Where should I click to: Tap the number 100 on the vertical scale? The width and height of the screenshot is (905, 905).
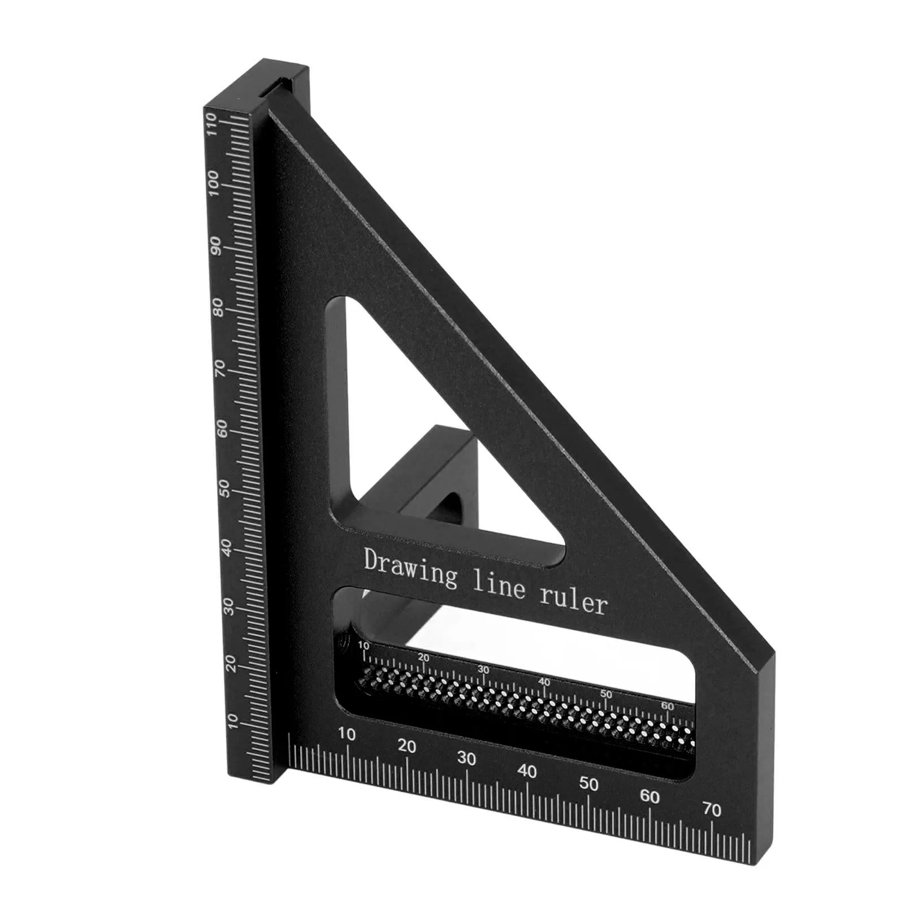tap(213, 184)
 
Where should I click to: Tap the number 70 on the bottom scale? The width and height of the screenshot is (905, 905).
tap(712, 810)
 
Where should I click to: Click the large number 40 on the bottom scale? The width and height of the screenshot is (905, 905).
tap(527, 771)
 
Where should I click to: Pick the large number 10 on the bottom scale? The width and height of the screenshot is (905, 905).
tap(347, 734)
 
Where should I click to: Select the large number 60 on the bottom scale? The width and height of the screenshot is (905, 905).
tap(649, 797)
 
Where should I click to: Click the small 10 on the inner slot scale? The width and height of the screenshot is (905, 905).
tap(363, 646)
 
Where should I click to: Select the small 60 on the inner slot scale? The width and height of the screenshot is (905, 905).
tap(667, 707)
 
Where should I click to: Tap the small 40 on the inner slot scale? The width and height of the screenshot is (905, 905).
tap(544, 682)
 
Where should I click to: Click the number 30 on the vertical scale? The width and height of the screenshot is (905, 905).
tap(228, 607)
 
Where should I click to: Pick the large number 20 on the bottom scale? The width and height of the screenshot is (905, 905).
tap(407, 747)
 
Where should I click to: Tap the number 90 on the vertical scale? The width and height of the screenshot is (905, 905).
tap(215, 246)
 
